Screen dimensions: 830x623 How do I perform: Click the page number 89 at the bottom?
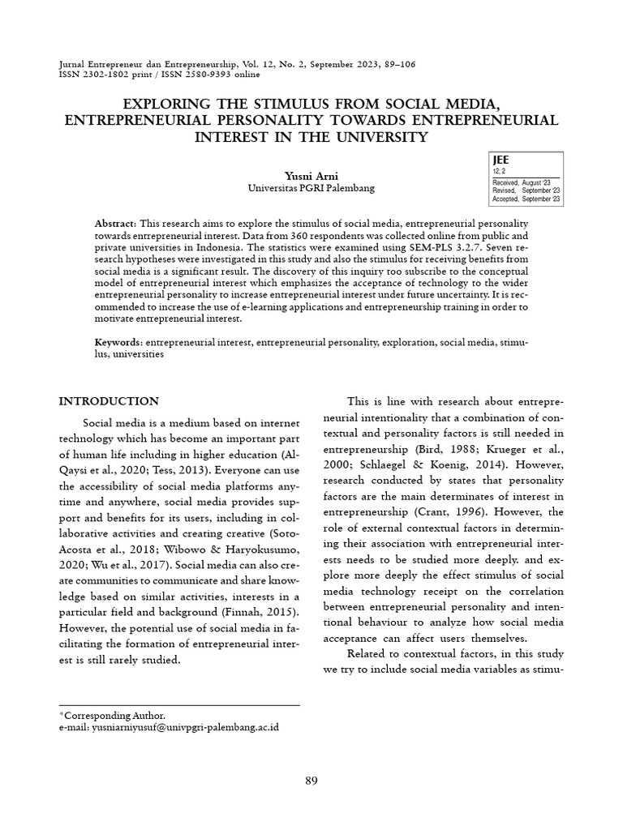(311, 781)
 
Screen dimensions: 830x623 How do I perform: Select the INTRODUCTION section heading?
(110, 401)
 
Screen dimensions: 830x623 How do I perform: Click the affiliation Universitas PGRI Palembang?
(311, 187)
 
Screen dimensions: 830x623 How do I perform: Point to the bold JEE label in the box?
(501, 160)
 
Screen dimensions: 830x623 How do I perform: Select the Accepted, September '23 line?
(526, 199)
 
